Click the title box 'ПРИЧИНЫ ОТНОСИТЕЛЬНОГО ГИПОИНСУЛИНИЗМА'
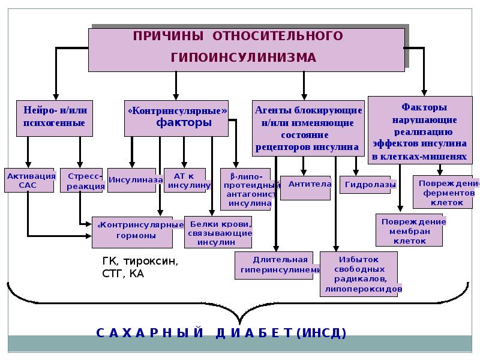click(247, 50)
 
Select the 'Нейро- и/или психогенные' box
click(55, 118)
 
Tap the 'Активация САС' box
click(29, 181)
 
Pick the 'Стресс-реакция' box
click(82, 181)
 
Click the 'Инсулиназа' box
click(131, 181)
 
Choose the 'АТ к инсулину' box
click(185, 181)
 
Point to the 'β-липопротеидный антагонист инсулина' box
click(245, 189)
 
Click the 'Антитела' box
click(305, 188)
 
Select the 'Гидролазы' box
click(365, 185)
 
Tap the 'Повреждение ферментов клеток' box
click(443, 192)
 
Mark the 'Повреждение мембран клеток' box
click(409, 230)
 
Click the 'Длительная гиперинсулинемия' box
click(274, 265)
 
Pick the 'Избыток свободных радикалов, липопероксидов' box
click(359, 274)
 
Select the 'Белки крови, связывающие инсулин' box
click(218, 232)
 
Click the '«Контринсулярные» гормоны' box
click(132, 232)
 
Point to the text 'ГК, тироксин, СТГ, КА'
click(140, 267)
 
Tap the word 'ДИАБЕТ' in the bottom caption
click(254, 333)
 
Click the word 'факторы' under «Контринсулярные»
click(184, 122)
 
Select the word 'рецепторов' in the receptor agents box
click(281, 147)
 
